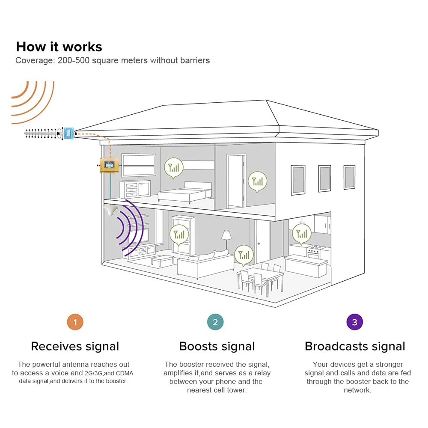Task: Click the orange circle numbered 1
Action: coord(75,322)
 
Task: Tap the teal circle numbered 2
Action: coord(215,322)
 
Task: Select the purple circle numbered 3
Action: coord(354,322)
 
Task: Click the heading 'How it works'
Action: coord(59,47)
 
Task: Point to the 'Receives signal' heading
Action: coord(75,346)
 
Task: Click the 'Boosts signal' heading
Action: coord(217,346)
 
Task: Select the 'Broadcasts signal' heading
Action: coord(355,346)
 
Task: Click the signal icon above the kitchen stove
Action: coord(302,234)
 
